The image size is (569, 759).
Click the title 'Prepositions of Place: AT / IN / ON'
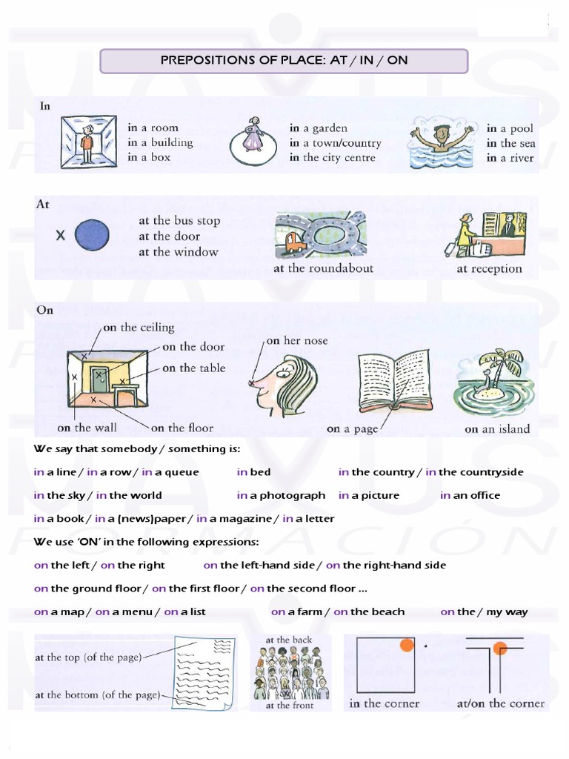(x=284, y=61)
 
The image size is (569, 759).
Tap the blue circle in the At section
(x=93, y=236)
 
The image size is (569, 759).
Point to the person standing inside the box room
(x=88, y=142)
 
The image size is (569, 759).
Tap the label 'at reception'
(x=489, y=269)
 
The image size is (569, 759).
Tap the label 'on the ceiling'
(x=138, y=327)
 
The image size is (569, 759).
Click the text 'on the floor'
(x=182, y=428)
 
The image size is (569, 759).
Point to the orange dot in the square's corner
(x=406, y=645)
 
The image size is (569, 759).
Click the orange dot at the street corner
(x=500, y=649)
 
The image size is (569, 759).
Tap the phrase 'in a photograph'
(x=281, y=495)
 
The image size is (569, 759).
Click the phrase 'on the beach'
(x=369, y=611)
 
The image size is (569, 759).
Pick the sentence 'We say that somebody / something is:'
(x=137, y=449)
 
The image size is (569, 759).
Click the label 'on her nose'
(x=296, y=340)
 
